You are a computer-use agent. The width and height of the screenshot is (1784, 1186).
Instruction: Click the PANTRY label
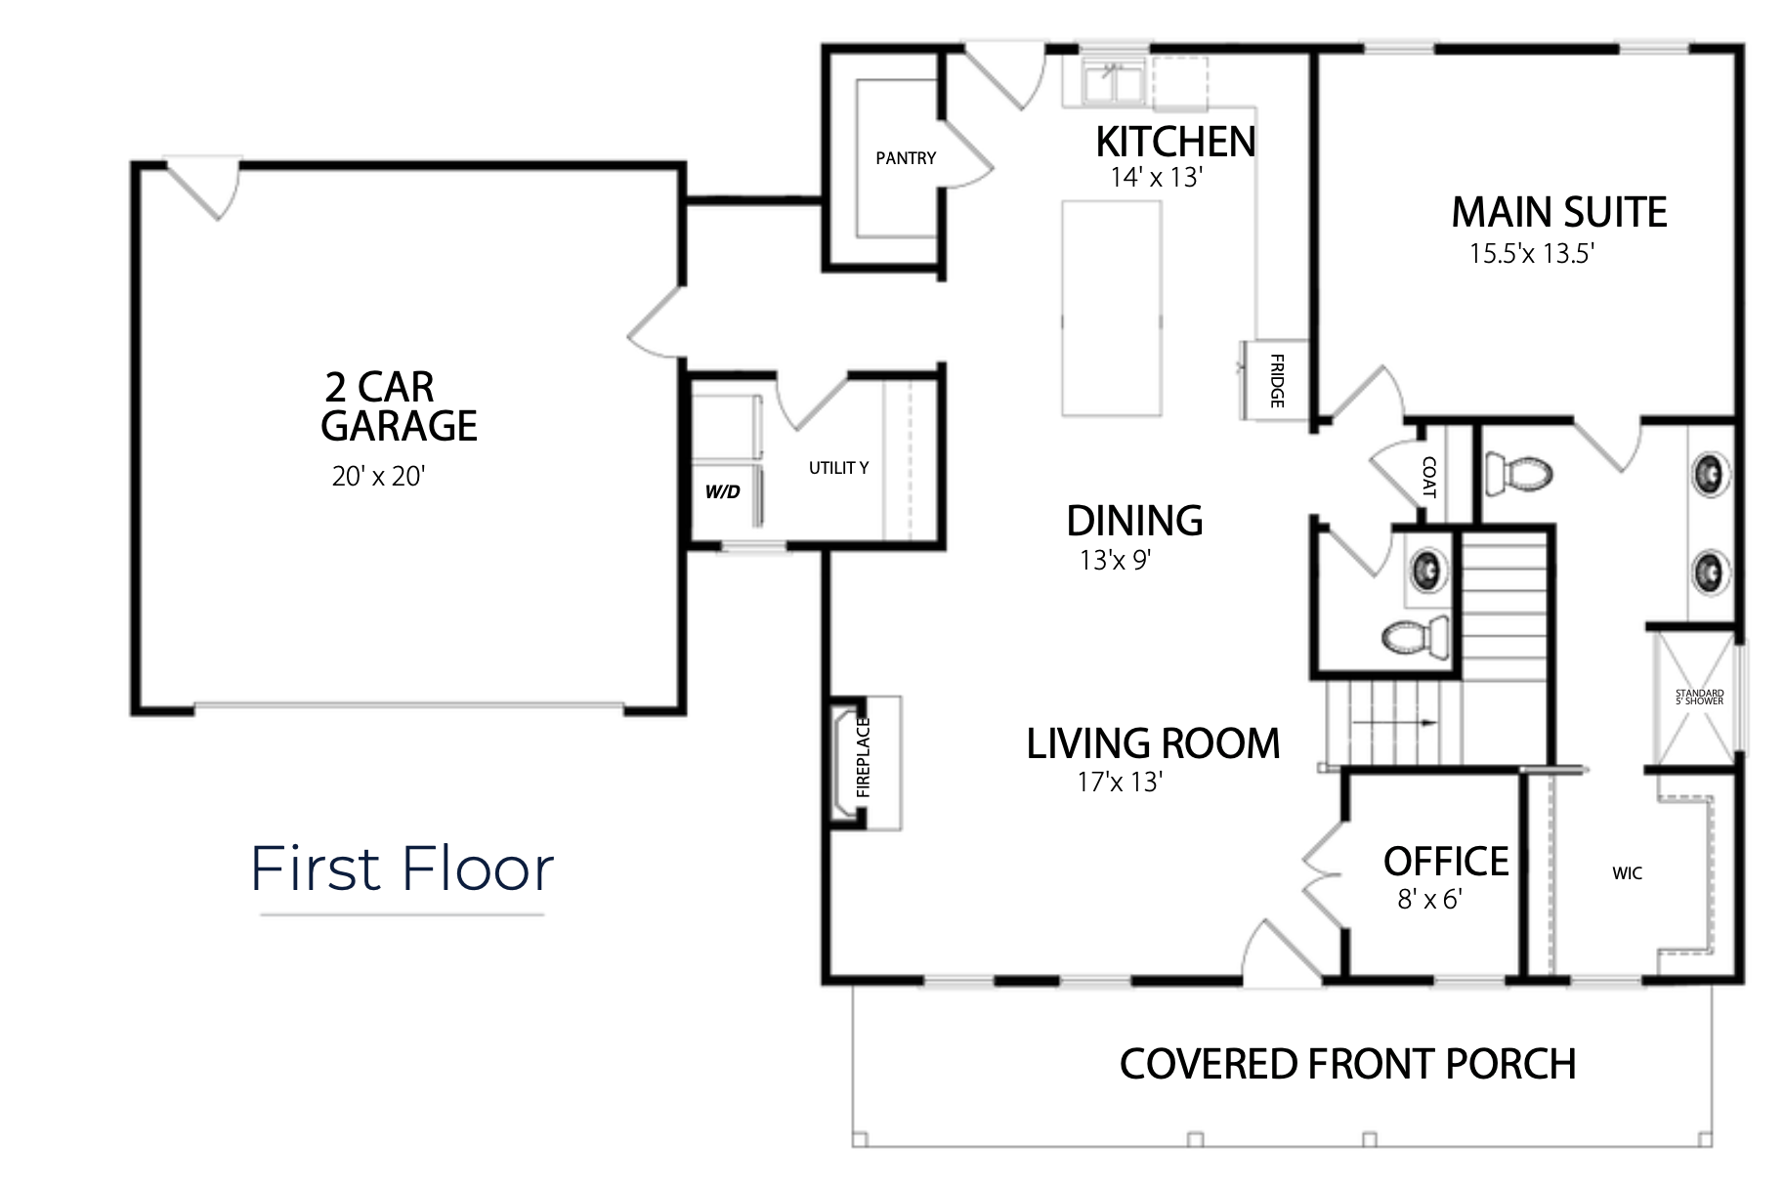[906, 158]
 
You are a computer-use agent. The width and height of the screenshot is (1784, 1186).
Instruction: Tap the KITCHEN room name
[1175, 143]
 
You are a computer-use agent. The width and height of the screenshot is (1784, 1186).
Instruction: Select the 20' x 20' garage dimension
[378, 476]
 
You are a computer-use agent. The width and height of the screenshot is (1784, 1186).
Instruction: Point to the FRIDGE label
[1277, 381]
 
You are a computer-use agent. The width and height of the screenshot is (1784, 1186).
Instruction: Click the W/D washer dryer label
[723, 491]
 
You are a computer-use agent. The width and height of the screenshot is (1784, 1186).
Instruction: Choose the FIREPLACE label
[863, 757]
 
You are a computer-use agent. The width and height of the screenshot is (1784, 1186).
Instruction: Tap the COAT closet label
[1429, 477]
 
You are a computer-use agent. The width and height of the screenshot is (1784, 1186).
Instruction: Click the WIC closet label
[1627, 873]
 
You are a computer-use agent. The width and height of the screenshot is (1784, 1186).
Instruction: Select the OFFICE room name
[1446, 862]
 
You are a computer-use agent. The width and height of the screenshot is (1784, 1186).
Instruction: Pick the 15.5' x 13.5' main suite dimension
[1532, 254]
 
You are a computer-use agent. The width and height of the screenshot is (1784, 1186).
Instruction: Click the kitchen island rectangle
[1112, 309]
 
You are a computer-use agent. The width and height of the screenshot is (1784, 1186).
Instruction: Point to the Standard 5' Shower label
[1699, 698]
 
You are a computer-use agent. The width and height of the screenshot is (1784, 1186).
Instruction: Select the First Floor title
[403, 868]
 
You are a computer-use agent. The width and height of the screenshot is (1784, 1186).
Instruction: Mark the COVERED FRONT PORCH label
[1348, 1064]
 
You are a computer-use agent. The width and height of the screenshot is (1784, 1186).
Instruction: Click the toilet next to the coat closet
[1518, 476]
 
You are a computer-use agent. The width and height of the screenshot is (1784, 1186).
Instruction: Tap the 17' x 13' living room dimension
[1120, 783]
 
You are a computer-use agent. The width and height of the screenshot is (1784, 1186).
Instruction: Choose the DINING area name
[1134, 521]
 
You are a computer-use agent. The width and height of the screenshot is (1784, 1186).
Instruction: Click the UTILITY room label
[838, 468]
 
